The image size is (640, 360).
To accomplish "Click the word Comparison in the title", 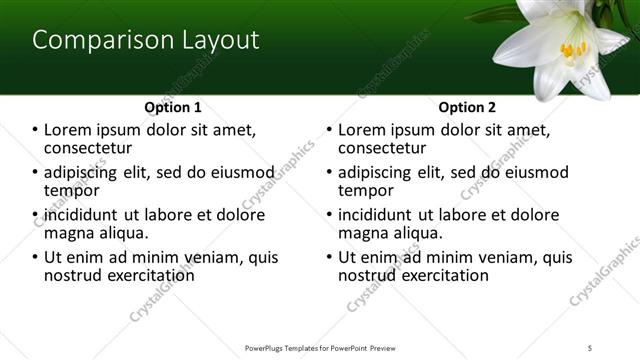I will click(91, 41).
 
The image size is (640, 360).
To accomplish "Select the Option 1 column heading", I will click(173, 107).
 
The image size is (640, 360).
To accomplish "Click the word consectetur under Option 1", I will click(90, 147).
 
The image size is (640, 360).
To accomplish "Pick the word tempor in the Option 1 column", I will click(72, 190).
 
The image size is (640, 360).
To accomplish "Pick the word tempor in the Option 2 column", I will click(366, 190).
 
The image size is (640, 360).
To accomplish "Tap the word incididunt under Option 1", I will click(82, 215).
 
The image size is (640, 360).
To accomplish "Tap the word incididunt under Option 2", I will click(376, 215).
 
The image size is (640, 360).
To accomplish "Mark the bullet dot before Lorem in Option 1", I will click(35, 130).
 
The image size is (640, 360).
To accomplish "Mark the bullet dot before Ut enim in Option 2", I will click(329, 257).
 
